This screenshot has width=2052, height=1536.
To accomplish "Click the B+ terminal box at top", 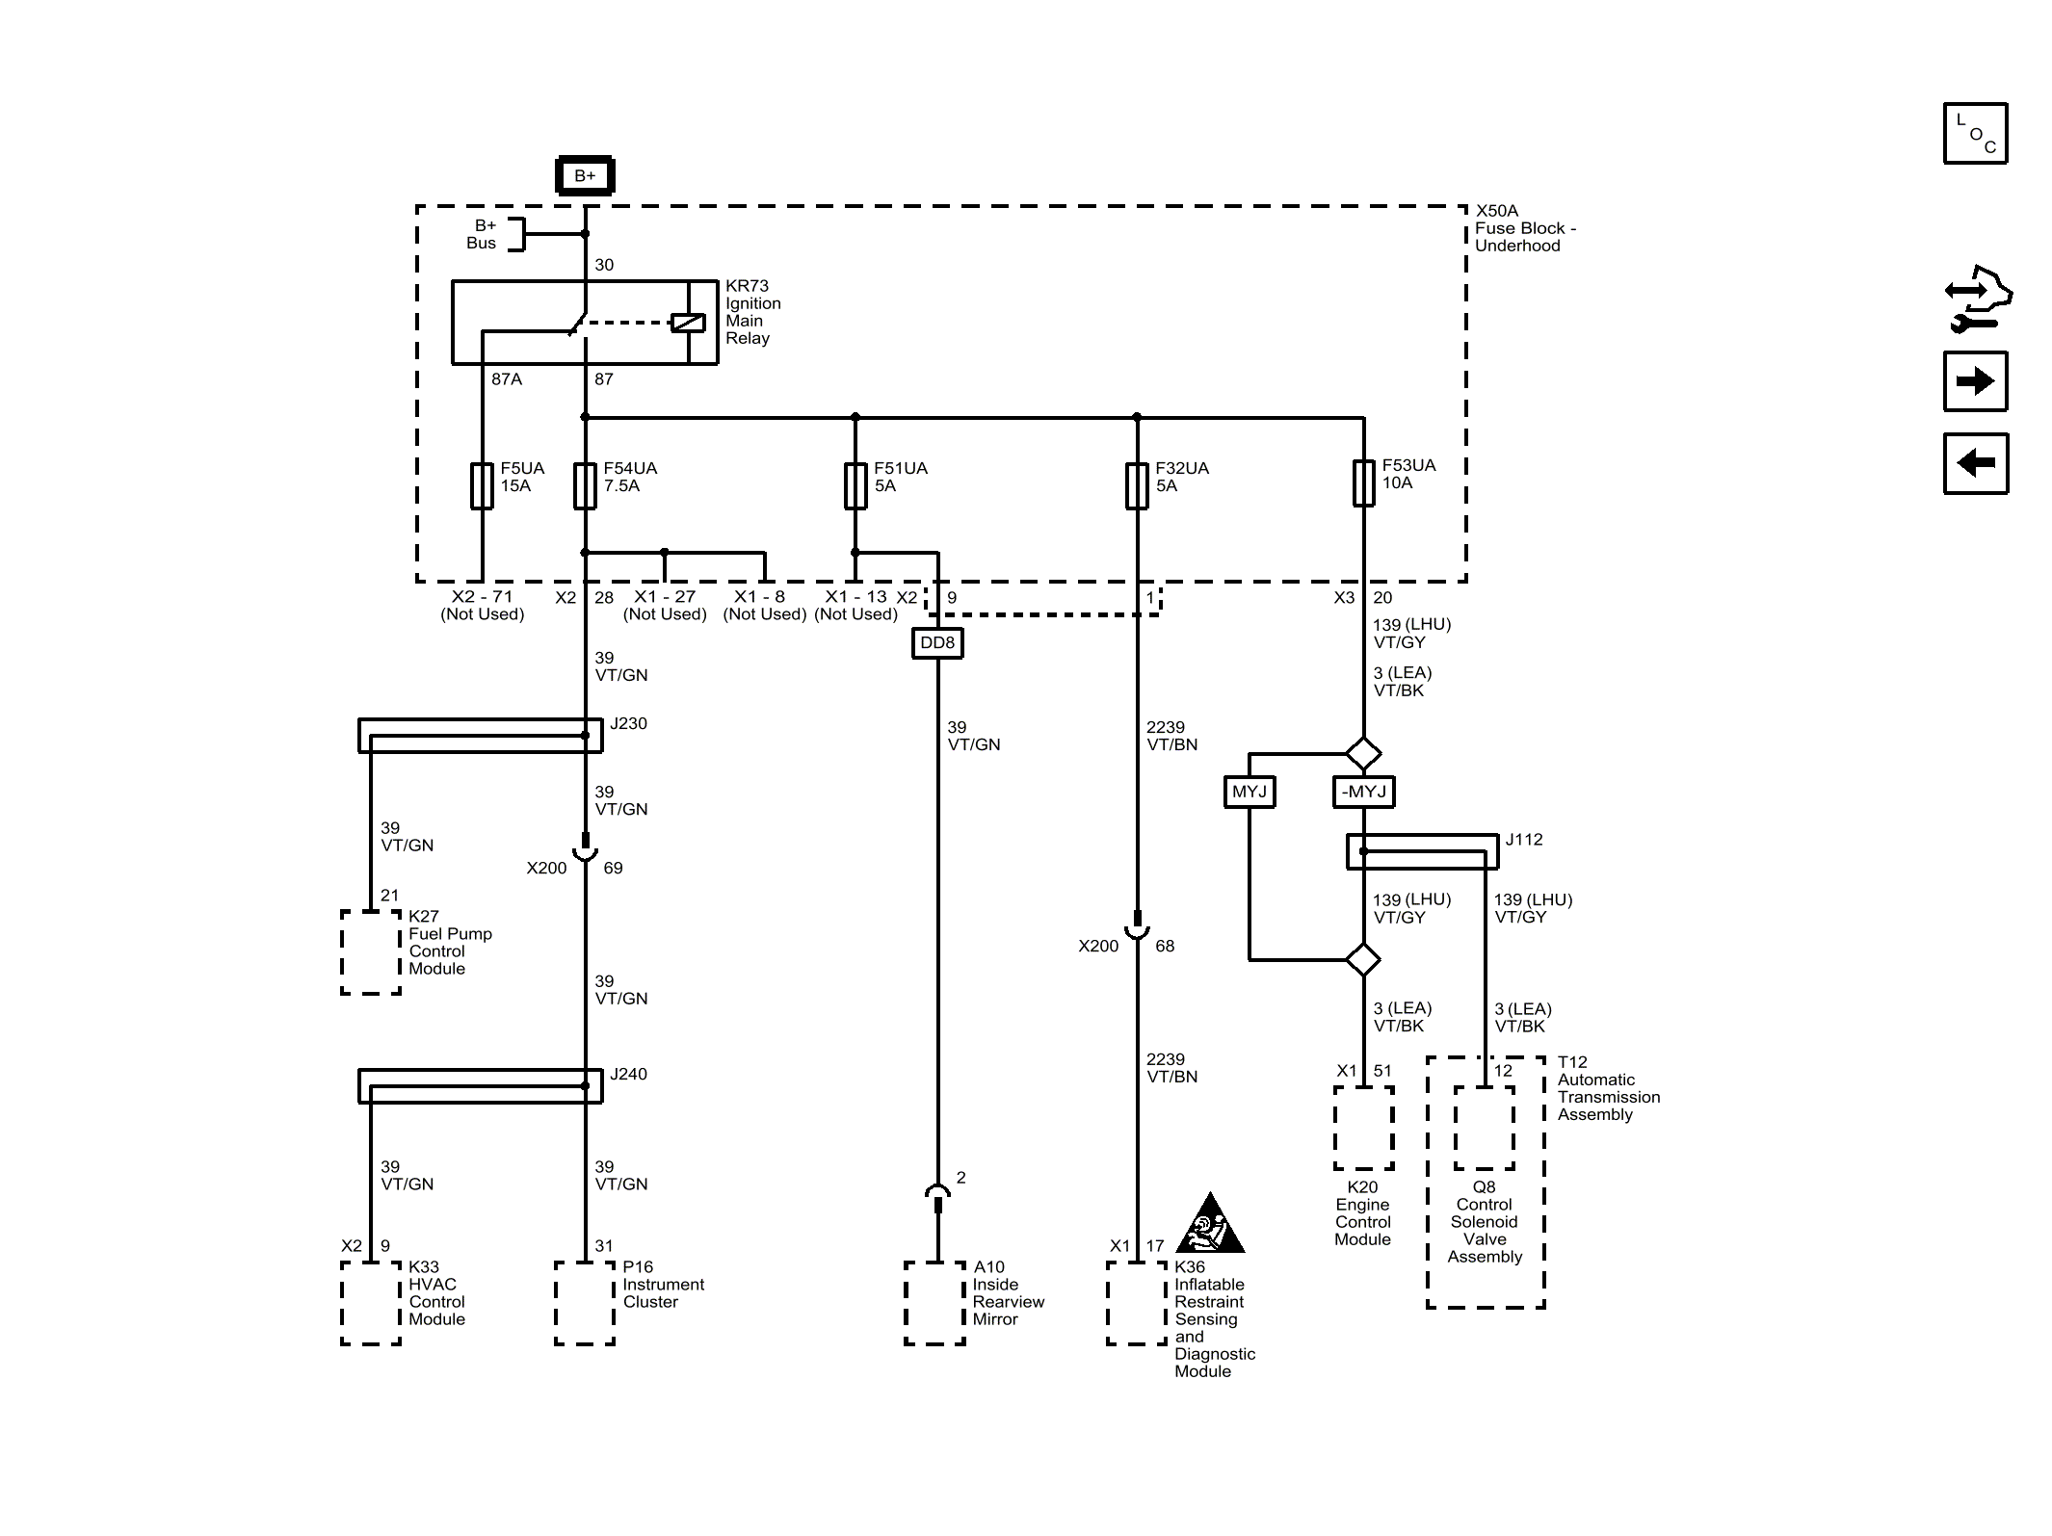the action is (x=585, y=175).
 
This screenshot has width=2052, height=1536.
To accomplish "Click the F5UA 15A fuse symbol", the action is (x=482, y=485).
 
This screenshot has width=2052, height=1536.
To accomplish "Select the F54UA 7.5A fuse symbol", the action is (x=585, y=485).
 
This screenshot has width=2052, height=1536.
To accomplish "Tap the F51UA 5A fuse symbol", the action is (x=855, y=485).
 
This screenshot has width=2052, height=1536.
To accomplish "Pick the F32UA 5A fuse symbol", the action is (x=1137, y=485).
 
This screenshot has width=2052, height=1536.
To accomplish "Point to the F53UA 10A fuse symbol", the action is (x=1364, y=482).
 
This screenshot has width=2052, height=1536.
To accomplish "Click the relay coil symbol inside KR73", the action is (x=688, y=323).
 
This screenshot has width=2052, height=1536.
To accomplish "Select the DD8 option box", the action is (x=937, y=643).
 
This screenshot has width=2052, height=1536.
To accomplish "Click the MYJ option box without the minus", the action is (x=1250, y=792).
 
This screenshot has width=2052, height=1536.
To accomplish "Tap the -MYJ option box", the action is (x=1363, y=792).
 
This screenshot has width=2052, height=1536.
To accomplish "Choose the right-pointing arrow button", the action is (x=1975, y=381).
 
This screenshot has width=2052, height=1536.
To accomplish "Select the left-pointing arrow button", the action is (x=1975, y=463).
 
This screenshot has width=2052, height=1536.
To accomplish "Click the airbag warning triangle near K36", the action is (x=1211, y=1225).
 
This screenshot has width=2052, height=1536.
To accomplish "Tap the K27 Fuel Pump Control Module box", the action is (x=371, y=952).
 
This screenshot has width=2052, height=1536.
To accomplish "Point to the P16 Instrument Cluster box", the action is (x=585, y=1303).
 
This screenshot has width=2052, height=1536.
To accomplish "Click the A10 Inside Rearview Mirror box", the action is (x=934, y=1303).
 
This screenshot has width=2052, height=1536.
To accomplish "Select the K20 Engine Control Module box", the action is (x=1364, y=1129).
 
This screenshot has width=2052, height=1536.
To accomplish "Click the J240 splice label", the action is (x=629, y=1074).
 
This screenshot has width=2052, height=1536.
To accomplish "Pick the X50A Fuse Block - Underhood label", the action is (x=1525, y=228).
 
